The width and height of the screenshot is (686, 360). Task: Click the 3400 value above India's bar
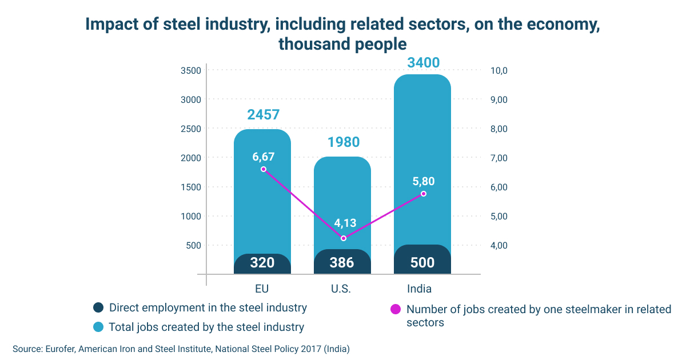coord(423,63)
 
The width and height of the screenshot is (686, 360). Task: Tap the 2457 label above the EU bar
coord(264,115)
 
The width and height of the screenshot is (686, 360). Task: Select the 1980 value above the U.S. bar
coord(344,142)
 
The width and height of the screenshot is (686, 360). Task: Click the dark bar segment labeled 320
coord(262,263)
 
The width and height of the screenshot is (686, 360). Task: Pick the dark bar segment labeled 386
coord(342,262)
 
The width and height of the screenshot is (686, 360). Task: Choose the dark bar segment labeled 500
coord(422,259)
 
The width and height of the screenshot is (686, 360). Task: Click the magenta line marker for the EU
coord(264,169)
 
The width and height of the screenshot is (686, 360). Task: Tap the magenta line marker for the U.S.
coord(344,238)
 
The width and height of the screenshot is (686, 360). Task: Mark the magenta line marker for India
coord(424,194)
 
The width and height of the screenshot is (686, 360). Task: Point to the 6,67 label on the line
coord(264,157)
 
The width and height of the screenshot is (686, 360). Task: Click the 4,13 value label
coord(345,223)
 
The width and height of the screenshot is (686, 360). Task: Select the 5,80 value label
coord(424,182)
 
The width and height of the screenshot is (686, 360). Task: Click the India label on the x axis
coord(419,289)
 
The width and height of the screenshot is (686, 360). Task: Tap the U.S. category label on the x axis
coord(341,289)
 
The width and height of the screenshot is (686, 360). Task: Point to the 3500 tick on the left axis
coord(191,71)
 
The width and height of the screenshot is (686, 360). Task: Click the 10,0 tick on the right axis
coord(499,71)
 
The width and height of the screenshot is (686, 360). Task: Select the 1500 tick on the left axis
coord(191,187)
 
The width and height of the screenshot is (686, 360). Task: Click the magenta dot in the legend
coord(396,309)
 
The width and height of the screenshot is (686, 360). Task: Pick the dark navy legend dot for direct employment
coord(98,307)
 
